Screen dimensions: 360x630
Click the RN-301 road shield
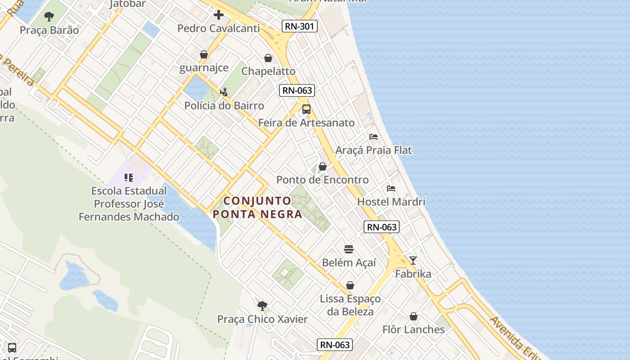tap(300, 26)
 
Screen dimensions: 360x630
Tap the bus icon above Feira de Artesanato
tap(306, 109)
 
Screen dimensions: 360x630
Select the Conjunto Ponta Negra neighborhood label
tap(258, 207)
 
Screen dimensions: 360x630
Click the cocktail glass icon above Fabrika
tap(413, 261)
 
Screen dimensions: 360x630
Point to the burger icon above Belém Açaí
tap(349, 249)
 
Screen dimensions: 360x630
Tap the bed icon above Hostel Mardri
tap(391, 189)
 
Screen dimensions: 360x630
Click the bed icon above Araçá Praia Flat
tap(373, 137)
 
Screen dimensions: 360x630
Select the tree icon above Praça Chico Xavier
tap(262, 306)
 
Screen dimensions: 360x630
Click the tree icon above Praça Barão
tap(49, 17)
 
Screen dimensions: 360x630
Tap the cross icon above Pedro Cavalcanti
tap(219, 15)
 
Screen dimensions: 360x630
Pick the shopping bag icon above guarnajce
tap(204, 54)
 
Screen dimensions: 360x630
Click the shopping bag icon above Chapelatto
tap(268, 58)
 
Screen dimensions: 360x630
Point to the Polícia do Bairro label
tap(224, 106)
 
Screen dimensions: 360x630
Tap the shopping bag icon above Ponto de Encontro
tap(322, 166)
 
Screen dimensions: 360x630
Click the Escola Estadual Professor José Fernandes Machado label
tap(129, 204)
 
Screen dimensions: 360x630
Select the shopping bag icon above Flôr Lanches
tap(414, 316)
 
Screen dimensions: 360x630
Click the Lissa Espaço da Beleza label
tap(350, 305)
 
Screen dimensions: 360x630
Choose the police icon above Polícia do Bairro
tap(224, 92)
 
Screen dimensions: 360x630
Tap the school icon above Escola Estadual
tap(129, 178)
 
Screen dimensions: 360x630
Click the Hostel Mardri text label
tap(391, 202)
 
